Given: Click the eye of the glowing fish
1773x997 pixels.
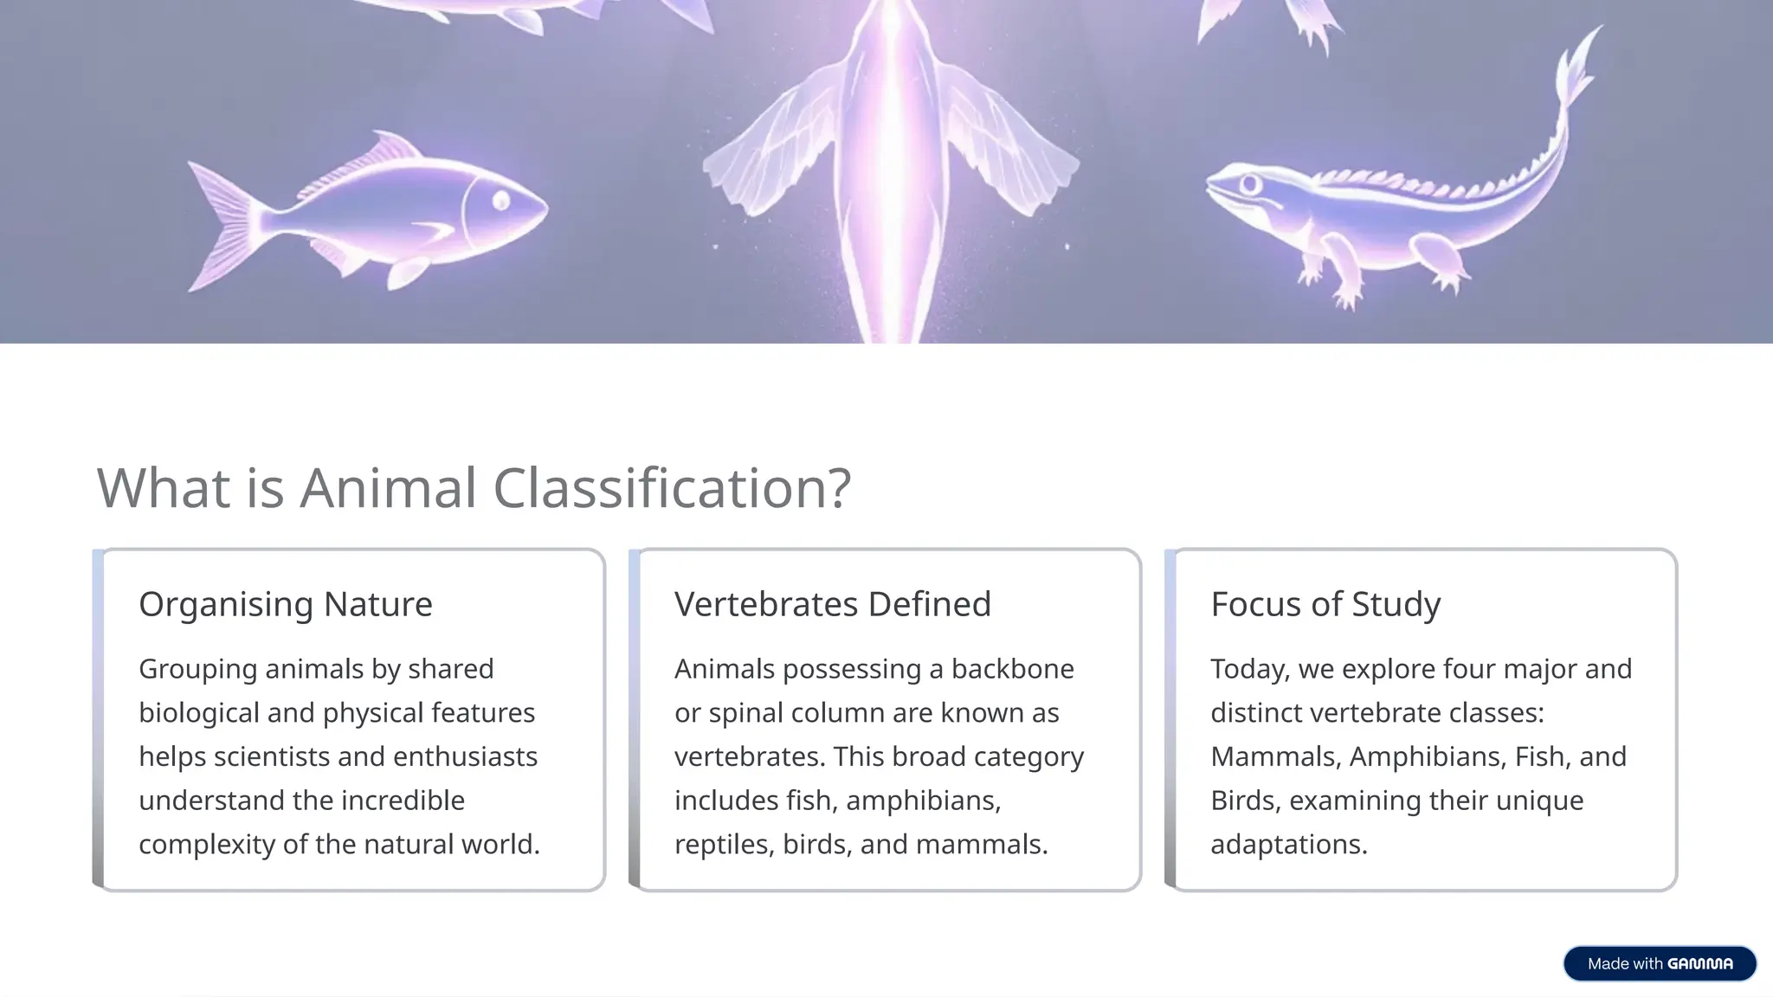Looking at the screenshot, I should coord(501,202).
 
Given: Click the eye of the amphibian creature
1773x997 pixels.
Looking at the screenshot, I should coord(1249,184).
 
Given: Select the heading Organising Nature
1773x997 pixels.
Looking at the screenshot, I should coord(285,604).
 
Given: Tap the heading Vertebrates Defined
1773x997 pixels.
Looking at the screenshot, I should coord(832,604).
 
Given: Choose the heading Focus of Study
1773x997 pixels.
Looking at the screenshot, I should coord(1325,604).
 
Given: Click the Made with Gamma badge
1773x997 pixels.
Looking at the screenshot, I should coord(1659,963).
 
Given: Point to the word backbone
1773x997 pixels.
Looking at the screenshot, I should coord(1012,669).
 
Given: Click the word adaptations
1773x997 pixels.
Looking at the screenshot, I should coord(1288,844).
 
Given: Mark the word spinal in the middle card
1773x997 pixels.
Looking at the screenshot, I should coord(744,713).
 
